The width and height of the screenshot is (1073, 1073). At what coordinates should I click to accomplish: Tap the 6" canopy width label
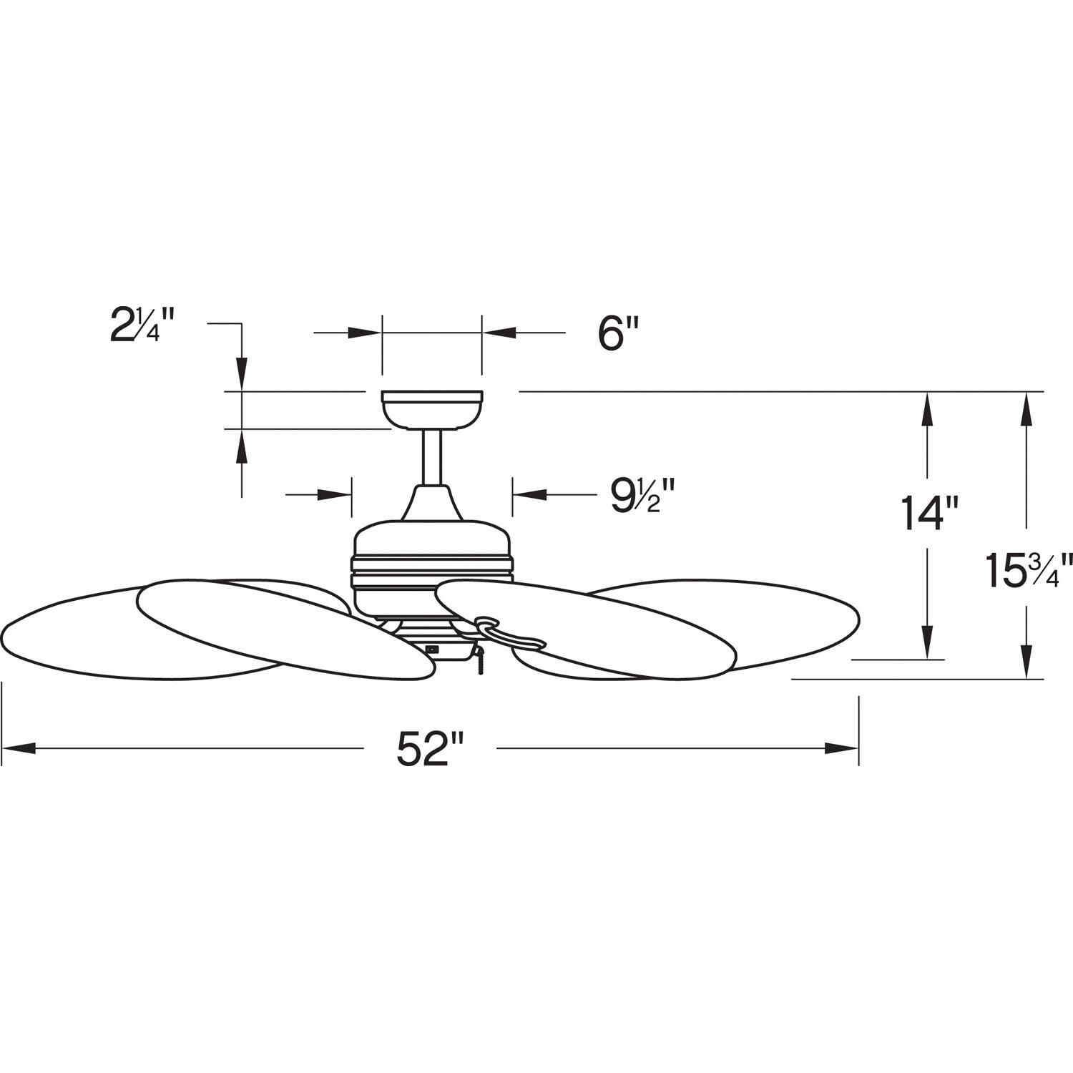coord(618,333)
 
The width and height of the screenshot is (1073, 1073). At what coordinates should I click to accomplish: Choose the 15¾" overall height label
coord(1029,570)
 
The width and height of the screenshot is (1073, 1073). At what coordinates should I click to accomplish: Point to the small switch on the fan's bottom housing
coord(431,650)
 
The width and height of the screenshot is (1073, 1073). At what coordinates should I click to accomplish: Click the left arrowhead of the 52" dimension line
coord(18,748)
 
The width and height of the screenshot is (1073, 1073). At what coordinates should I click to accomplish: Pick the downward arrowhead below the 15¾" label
coord(1028,662)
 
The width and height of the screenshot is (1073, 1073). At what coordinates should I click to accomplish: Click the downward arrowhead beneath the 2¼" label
coord(242,375)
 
